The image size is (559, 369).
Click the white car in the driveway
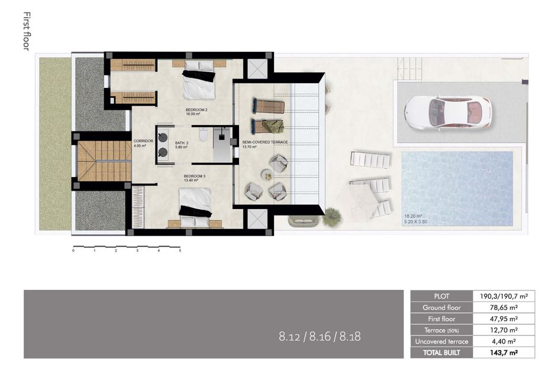point(447,113)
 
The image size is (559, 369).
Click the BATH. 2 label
point(182,142)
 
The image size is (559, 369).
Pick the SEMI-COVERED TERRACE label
point(265,142)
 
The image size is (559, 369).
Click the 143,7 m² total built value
point(505,352)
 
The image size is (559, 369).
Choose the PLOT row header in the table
point(441,296)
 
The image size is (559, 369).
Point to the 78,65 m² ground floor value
point(505,308)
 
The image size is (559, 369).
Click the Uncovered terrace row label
point(441,341)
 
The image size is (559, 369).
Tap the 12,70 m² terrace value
point(505,330)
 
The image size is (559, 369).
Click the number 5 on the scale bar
point(180,251)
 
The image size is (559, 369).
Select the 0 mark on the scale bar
point(73,251)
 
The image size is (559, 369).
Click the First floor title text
point(26,31)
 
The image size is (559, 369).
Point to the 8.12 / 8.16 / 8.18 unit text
point(319,337)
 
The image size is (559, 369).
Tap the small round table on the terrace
point(267,175)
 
